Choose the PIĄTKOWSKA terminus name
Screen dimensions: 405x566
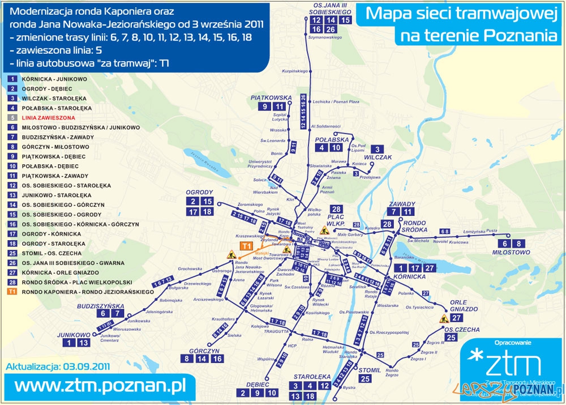[x=271, y=97]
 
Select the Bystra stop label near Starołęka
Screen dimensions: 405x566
[x=349, y=387]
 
